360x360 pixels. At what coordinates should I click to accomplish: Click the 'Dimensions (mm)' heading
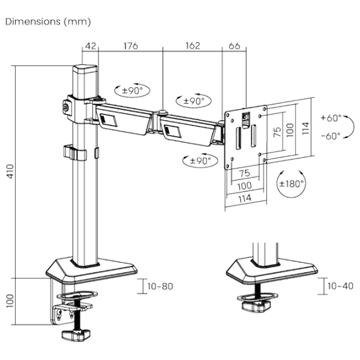pyautogui.click(x=48, y=22)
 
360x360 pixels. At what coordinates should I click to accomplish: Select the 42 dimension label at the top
pyautogui.click(x=91, y=46)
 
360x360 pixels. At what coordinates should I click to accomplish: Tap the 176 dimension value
pyautogui.click(x=131, y=46)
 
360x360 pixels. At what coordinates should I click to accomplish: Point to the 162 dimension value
pyautogui.click(x=193, y=46)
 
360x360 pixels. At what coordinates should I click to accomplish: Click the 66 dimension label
pyautogui.click(x=235, y=46)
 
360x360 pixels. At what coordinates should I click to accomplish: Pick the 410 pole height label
pyautogui.click(x=10, y=172)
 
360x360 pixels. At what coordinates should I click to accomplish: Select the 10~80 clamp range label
pyautogui.click(x=160, y=286)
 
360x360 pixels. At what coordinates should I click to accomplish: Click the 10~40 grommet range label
pyautogui.click(x=340, y=286)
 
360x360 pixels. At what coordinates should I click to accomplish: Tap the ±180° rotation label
pyautogui.click(x=292, y=184)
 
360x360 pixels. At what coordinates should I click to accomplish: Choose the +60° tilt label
pyautogui.click(x=331, y=118)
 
